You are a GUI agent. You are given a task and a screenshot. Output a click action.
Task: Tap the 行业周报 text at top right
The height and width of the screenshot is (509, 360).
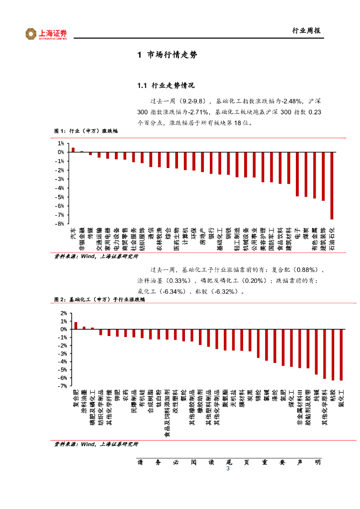tap(306, 31)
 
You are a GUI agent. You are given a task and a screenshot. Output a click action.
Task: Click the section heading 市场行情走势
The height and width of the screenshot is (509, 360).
tap(167, 55)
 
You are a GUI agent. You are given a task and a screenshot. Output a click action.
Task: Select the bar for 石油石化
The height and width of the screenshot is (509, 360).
tap(332, 185)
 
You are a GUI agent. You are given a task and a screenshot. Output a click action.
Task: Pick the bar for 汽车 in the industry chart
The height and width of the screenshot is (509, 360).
tap(73, 150)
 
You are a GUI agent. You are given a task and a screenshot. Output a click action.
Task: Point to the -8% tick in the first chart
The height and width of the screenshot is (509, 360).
tap(60, 224)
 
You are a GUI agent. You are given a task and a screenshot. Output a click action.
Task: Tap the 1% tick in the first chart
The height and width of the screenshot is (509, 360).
tap(61, 143)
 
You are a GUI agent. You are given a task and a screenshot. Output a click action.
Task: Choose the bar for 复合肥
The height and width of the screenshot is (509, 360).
tap(76, 326)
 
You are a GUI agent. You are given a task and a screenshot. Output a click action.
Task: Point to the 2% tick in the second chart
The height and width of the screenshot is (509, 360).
tap(63, 313)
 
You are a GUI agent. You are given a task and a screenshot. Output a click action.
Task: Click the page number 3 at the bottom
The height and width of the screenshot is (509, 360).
tap(228, 469)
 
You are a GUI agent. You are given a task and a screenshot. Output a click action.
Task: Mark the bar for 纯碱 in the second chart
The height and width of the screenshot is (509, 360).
tap(316, 351)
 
